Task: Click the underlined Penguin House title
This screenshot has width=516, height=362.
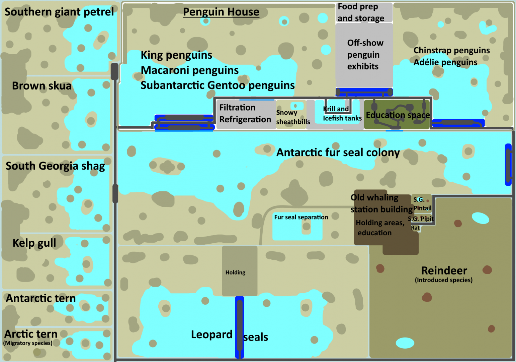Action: click(221, 12)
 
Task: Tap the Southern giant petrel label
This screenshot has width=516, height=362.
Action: click(59, 12)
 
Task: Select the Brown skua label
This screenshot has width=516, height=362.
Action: click(41, 86)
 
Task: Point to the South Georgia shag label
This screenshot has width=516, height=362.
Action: click(55, 166)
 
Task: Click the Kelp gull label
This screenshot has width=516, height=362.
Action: click(34, 243)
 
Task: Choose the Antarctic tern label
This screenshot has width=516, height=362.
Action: click(41, 298)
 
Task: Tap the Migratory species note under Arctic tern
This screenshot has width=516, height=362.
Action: click(28, 343)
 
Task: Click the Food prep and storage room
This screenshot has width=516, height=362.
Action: click(364, 12)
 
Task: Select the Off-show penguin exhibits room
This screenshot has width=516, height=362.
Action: click(364, 55)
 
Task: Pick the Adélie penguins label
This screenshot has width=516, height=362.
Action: click(445, 62)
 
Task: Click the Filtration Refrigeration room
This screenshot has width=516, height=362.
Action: click(245, 114)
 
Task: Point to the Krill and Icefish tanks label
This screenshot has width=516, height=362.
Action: click(342, 114)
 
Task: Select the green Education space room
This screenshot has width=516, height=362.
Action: click(397, 115)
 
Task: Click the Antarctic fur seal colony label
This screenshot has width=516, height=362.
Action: click(338, 153)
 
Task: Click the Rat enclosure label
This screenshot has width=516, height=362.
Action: click(415, 228)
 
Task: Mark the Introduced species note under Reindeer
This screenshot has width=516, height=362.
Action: click(443, 280)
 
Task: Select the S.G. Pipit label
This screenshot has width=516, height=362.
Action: click(421, 219)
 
